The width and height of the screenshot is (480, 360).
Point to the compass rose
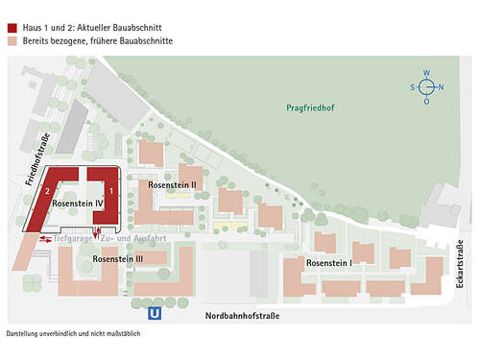point(427,86)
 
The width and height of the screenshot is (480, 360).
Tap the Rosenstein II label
point(172,184)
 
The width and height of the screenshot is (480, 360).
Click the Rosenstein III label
point(118,259)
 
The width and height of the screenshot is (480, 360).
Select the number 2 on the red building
point(46,192)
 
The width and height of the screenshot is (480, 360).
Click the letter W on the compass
point(427,72)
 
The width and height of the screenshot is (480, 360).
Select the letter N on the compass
point(442,86)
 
